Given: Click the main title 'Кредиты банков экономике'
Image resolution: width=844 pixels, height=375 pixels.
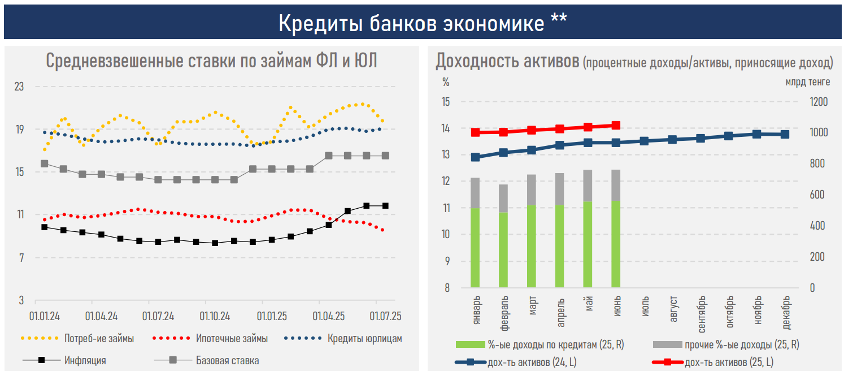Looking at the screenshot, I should [422, 23].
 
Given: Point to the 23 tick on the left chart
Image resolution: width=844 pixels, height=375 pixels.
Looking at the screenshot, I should [19, 87].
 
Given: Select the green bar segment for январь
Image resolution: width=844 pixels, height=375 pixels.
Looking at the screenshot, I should [475, 248].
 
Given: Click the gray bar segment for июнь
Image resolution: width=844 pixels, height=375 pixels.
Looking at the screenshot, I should [616, 185].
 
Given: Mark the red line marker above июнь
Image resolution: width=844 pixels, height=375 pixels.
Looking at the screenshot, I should [616, 126].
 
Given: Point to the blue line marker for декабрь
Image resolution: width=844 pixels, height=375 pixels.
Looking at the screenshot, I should [785, 134].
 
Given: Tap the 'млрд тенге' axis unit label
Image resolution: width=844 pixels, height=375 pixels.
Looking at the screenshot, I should [807, 82].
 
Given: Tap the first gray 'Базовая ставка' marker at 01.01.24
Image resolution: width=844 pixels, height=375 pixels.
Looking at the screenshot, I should [45, 164].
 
